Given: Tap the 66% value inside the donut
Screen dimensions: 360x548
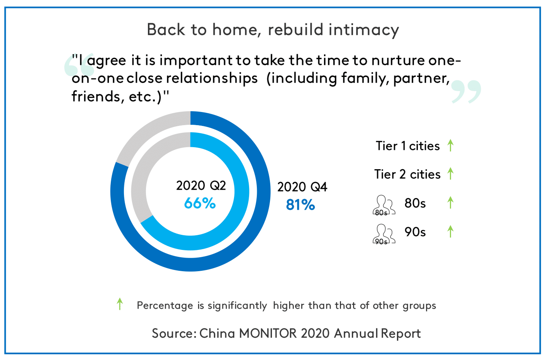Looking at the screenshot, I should click(x=200, y=203).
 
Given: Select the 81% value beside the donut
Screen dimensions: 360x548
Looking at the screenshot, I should click(x=300, y=205).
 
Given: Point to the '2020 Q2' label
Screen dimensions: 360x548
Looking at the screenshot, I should click(x=201, y=186).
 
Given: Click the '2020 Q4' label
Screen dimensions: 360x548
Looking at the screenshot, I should click(x=302, y=187).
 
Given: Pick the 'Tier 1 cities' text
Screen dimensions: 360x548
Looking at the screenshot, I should click(x=407, y=146).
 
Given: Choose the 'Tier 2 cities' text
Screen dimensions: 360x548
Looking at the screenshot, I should click(x=407, y=175).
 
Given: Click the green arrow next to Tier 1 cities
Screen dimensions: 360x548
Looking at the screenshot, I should click(x=450, y=146).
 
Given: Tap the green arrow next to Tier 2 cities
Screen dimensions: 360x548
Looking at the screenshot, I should click(x=450, y=174).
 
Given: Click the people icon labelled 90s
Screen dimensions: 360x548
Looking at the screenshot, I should click(x=384, y=234).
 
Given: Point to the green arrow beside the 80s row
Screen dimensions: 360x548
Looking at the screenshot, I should click(x=450, y=202).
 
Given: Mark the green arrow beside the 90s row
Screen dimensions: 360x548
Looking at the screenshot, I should click(x=450, y=231).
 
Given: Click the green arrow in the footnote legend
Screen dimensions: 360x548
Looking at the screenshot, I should click(x=120, y=304).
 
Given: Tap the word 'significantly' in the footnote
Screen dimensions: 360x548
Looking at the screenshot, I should click(x=237, y=306).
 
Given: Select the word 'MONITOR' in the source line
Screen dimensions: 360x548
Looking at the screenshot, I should click(x=268, y=333).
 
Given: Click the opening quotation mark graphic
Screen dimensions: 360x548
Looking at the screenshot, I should click(x=79, y=65).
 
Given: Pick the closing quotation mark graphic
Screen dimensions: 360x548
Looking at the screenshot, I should click(x=466, y=92).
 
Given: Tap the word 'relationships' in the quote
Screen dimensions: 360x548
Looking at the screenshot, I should click(x=212, y=78).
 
